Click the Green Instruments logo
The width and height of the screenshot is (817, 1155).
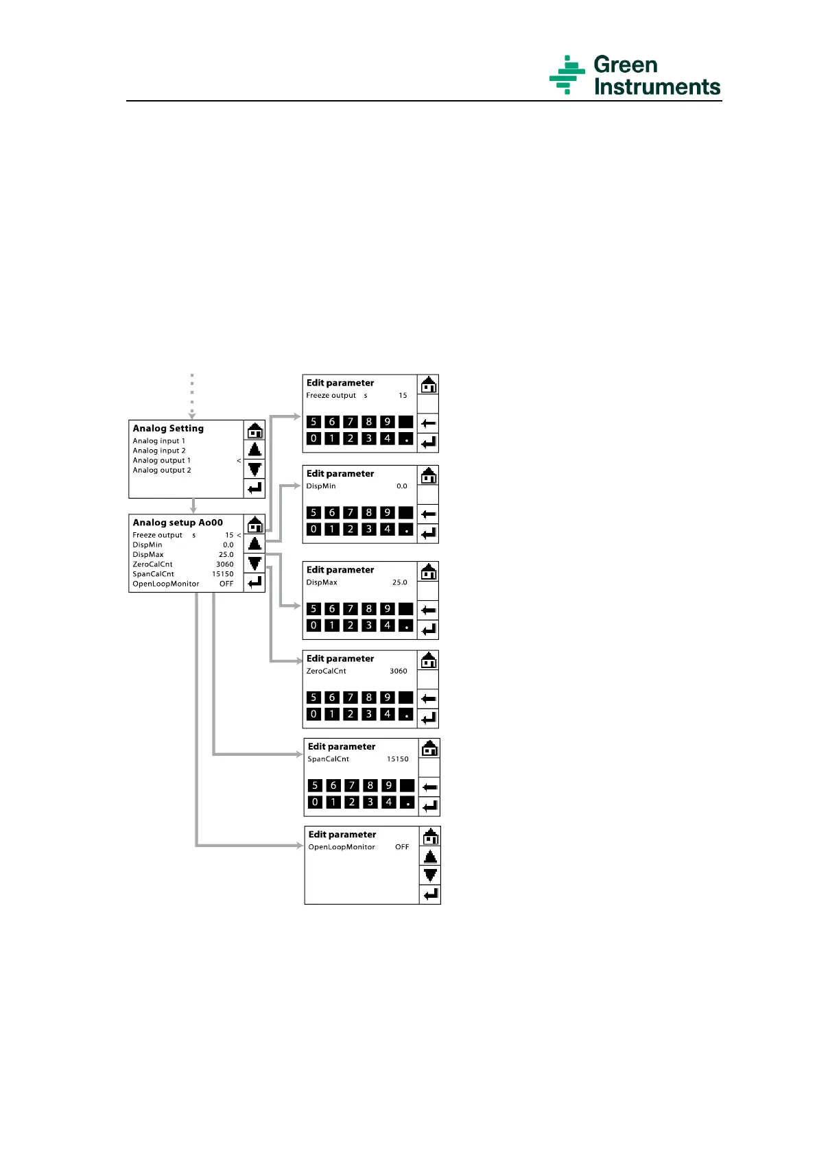[x=635, y=75]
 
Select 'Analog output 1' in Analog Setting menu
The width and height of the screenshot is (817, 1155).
[x=162, y=460]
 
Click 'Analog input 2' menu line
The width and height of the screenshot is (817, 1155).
[x=159, y=451]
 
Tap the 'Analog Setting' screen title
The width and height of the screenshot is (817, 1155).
[x=168, y=429]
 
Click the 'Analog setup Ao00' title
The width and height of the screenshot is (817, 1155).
[x=178, y=523]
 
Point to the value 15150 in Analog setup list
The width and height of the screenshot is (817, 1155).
[x=223, y=574]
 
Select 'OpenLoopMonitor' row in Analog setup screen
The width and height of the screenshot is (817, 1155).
[x=166, y=584]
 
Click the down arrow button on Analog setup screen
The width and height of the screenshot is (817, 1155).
[x=255, y=564]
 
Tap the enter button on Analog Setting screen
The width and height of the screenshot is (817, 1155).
[x=255, y=488]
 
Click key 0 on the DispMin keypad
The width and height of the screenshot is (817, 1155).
[x=313, y=529]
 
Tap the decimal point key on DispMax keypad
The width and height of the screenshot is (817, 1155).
[x=406, y=626]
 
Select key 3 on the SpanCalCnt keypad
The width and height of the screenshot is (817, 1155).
[x=370, y=802]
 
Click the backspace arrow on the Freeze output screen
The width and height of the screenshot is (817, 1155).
[x=429, y=423]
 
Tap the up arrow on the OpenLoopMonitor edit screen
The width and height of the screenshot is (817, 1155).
[x=430, y=857]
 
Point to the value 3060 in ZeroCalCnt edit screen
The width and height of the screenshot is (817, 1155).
[x=399, y=671]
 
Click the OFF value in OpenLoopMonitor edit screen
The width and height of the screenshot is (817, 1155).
[x=402, y=847]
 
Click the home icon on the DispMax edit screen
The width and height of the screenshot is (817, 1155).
[x=429, y=571]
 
